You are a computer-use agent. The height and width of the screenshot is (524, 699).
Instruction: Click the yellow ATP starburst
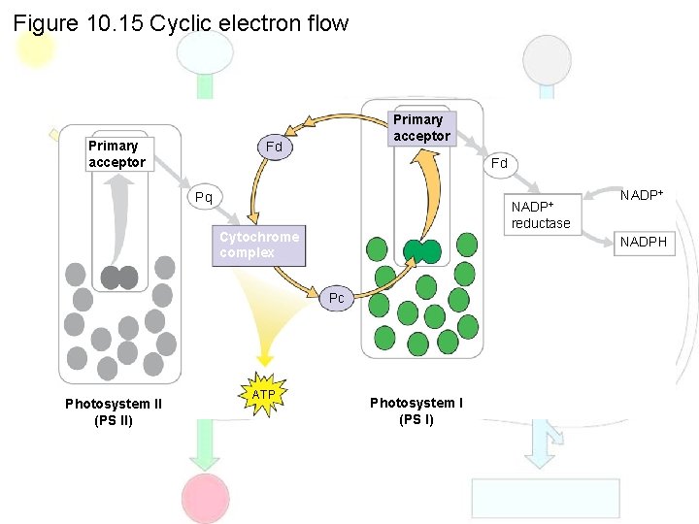point(264,395)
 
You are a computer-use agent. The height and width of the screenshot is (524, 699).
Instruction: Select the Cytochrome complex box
point(258,246)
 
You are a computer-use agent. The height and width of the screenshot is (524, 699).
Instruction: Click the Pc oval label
point(336,298)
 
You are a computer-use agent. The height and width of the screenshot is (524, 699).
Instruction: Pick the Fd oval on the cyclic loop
point(275,147)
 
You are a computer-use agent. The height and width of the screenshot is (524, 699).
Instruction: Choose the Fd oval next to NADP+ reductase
point(499,163)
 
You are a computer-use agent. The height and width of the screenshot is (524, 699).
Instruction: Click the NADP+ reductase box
point(541,214)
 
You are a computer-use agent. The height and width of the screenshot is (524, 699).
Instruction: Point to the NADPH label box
point(644,242)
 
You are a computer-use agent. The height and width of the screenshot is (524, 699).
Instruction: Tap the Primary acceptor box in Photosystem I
point(421,128)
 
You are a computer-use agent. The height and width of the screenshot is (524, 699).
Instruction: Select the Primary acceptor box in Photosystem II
point(116,154)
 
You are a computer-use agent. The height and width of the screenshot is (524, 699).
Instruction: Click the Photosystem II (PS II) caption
point(114,411)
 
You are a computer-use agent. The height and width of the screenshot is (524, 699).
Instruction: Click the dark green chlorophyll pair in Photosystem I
point(422,251)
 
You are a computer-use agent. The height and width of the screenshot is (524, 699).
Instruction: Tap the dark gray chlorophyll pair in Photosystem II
point(118,278)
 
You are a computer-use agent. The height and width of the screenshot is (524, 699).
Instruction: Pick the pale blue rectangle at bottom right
point(529,498)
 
